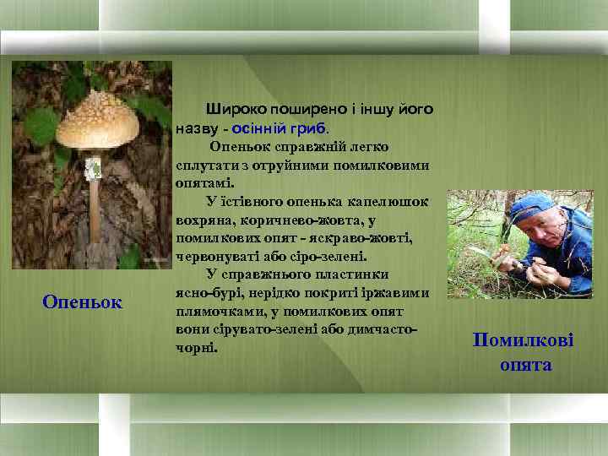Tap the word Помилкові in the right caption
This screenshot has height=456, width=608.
click(x=523, y=340)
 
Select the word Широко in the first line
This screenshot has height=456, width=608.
click(x=236, y=109)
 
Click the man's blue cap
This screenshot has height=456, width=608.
click(x=532, y=205)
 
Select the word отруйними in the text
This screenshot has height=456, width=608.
click(x=324, y=165)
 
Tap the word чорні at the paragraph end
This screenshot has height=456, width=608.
click(x=196, y=347)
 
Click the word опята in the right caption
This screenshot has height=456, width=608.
click(x=524, y=365)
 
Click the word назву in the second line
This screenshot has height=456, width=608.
click(x=197, y=128)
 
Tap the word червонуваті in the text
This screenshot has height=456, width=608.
click(x=218, y=257)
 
